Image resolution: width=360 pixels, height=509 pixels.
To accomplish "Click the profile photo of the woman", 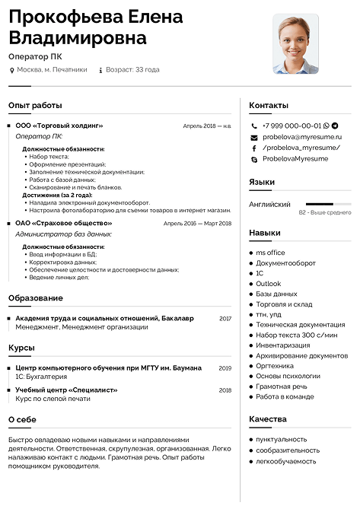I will (295, 43).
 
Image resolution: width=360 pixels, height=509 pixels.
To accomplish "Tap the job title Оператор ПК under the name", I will (35, 56).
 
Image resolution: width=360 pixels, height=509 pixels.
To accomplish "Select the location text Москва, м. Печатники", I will (52, 69).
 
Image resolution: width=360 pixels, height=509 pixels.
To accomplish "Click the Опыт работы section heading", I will (35, 106).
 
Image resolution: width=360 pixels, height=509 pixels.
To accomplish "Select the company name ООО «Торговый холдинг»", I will (59, 126).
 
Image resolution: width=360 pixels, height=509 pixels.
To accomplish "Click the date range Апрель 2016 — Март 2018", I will (197, 224).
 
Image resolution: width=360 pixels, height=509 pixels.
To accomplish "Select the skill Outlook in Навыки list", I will (268, 284).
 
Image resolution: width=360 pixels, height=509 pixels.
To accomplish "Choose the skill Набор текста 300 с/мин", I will (296, 335).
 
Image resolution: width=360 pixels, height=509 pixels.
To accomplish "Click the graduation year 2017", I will (225, 318).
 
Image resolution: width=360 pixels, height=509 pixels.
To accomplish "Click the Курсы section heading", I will (22, 348).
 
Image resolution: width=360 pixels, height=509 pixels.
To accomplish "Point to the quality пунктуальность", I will (281, 439).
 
